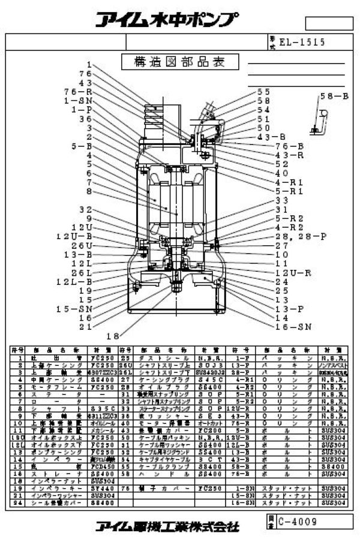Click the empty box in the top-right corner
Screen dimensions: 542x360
point(328,23)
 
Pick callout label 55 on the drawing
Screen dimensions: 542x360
point(263,92)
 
